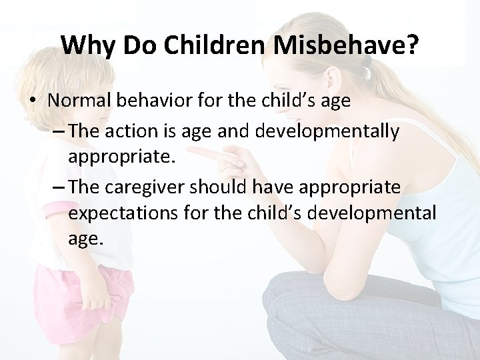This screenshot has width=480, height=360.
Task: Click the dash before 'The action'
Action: coord(57,131)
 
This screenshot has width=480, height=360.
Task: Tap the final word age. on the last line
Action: coord(86,239)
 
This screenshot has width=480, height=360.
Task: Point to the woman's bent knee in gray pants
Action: coord(287,300)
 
